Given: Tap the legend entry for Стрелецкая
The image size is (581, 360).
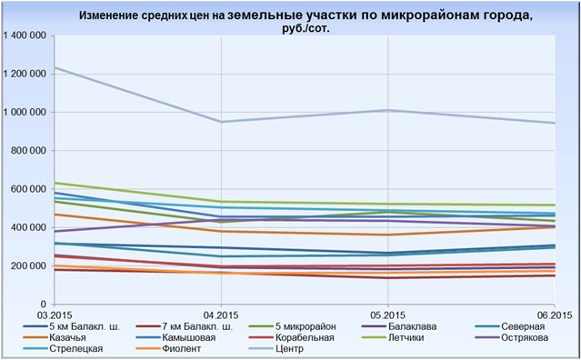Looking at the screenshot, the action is [63, 349].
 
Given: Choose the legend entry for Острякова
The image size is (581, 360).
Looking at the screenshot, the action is [512, 338].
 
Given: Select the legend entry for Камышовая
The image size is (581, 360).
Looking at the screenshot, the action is [175, 338].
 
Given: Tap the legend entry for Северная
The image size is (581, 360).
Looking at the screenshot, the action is [510, 326].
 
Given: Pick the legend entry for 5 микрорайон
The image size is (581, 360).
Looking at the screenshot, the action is [294, 326].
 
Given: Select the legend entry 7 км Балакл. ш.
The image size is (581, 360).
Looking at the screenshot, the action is [185, 326].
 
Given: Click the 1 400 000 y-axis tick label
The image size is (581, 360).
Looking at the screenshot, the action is [25, 35].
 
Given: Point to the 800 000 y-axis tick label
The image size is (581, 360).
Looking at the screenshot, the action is [31, 151].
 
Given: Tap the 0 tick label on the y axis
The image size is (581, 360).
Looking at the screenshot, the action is [45, 305].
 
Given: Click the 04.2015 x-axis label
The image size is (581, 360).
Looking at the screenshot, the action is [221, 315].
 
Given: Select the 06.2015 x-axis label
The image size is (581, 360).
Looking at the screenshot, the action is [555, 315].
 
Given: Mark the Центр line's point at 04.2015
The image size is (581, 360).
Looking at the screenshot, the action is [221, 122].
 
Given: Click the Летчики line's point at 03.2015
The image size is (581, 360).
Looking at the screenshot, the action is [55, 183].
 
